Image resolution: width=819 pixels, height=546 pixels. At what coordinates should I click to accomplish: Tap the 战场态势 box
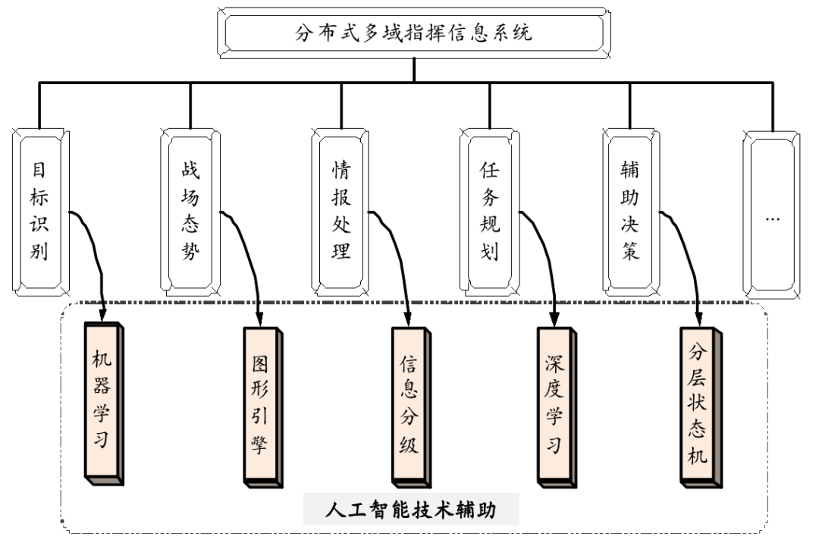pos(190,211)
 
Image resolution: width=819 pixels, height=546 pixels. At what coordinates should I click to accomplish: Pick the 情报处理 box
pos(341,211)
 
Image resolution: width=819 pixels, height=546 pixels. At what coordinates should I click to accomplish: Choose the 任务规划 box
pos(490,211)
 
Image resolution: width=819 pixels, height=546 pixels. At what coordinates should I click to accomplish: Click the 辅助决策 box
pos(631,211)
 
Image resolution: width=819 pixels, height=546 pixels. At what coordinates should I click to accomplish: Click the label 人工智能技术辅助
pos(411,510)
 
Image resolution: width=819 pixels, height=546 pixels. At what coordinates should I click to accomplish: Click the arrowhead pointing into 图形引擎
pos(259,318)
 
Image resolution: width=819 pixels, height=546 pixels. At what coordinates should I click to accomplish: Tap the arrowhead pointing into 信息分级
pos(409,318)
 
